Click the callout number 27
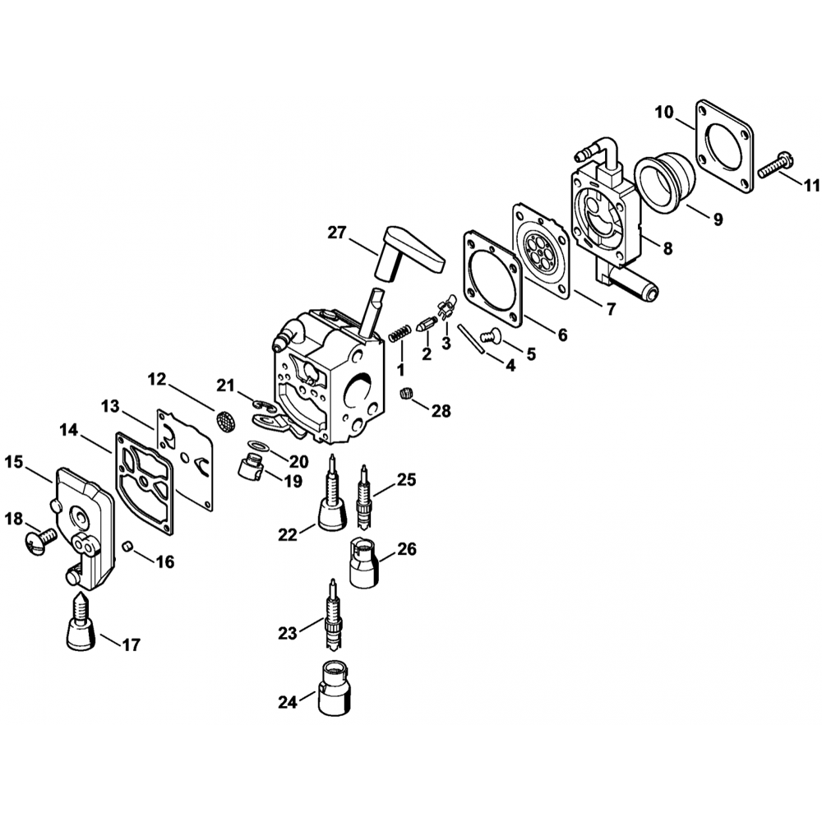pyautogui.click(x=336, y=233)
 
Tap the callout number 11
pyautogui.click(x=811, y=186)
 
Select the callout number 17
pyautogui.click(x=131, y=645)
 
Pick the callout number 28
pyautogui.click(x=441, y=411)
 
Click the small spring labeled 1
pyautogui.click(x=399, y=333)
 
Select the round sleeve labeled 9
pyautogui.click(x=665, y=182)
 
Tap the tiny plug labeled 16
pyautogui.click(x=127, y=547)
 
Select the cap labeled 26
pyautogui.click(x=363, y=562)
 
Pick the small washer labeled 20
pyautogui.click(x=256, y=446)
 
